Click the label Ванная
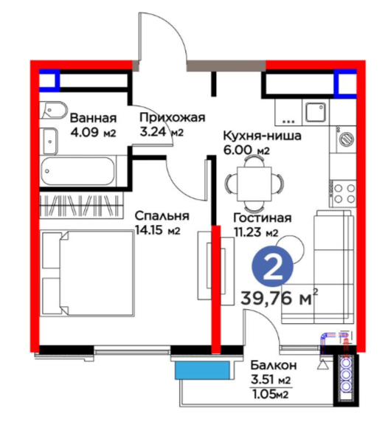tap(93, 118)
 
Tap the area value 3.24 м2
tap(162, 132)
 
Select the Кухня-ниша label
tap(263, 136)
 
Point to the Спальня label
tap(162, 216)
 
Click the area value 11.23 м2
tap(256, 232)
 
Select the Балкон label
tap(274, 365)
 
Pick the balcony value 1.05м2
tap(270, 395)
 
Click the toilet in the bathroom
tap(53, 110)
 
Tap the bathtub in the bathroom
tap(78, 171)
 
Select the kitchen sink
tap(316, 112)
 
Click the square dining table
tap(254, 183)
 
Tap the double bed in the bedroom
tap(87, 274)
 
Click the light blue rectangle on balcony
tap(202, 370)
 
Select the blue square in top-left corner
tap(49, 80)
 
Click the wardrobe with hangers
tap(81, 205)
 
